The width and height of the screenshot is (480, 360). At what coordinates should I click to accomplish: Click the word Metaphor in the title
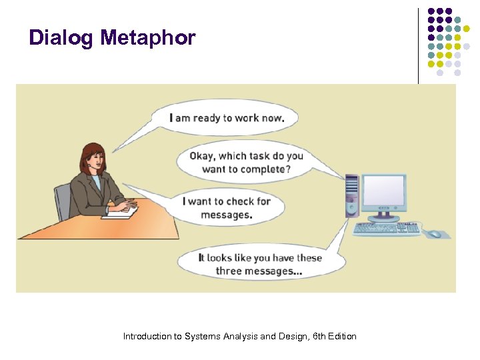pyautogui.click(x=148, y=38)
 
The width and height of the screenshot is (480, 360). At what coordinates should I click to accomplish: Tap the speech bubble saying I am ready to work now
pyautogui.click(x=227, y=119)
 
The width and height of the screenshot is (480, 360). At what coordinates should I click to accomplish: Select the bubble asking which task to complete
pyautogui.click(x=247, y=163)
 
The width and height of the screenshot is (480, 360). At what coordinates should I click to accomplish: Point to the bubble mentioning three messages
pyautogui.click(x=260, y=265)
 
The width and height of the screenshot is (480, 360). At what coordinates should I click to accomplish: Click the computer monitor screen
pyautogui.click(x=383, y=193)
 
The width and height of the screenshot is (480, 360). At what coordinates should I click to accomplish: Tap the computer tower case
pyautogui.click(x=352, y=196)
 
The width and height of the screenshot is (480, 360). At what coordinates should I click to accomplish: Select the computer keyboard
pyautogui.click(x=387, y=229)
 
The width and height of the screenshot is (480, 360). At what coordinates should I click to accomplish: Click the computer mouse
pyautogui.click(x=435, y=234)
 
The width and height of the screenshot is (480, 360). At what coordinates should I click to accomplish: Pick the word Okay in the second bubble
pyautogui.click(x=203, y=156)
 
